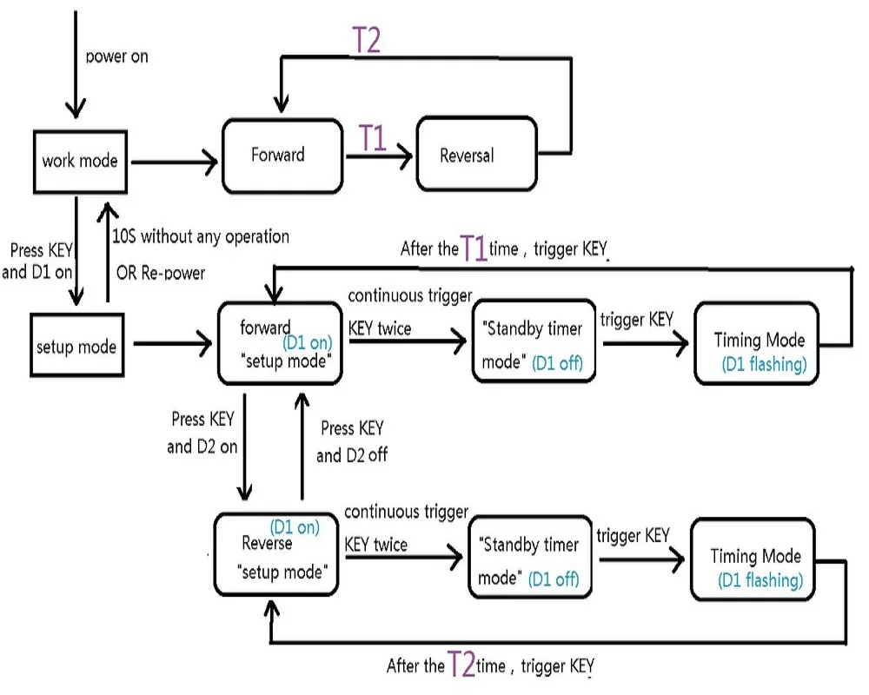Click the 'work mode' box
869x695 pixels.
79,161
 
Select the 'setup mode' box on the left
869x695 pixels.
77,346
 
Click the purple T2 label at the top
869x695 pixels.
366,41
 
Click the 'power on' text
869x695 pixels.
117,56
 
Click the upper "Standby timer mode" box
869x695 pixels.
534,342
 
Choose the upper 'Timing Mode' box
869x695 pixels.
756,344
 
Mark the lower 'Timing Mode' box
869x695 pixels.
754,560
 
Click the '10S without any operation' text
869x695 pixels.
201,236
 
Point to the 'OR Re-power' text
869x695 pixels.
161,273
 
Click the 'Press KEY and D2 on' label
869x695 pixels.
202,434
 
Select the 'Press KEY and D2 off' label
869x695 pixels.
351,441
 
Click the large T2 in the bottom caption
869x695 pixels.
461,665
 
